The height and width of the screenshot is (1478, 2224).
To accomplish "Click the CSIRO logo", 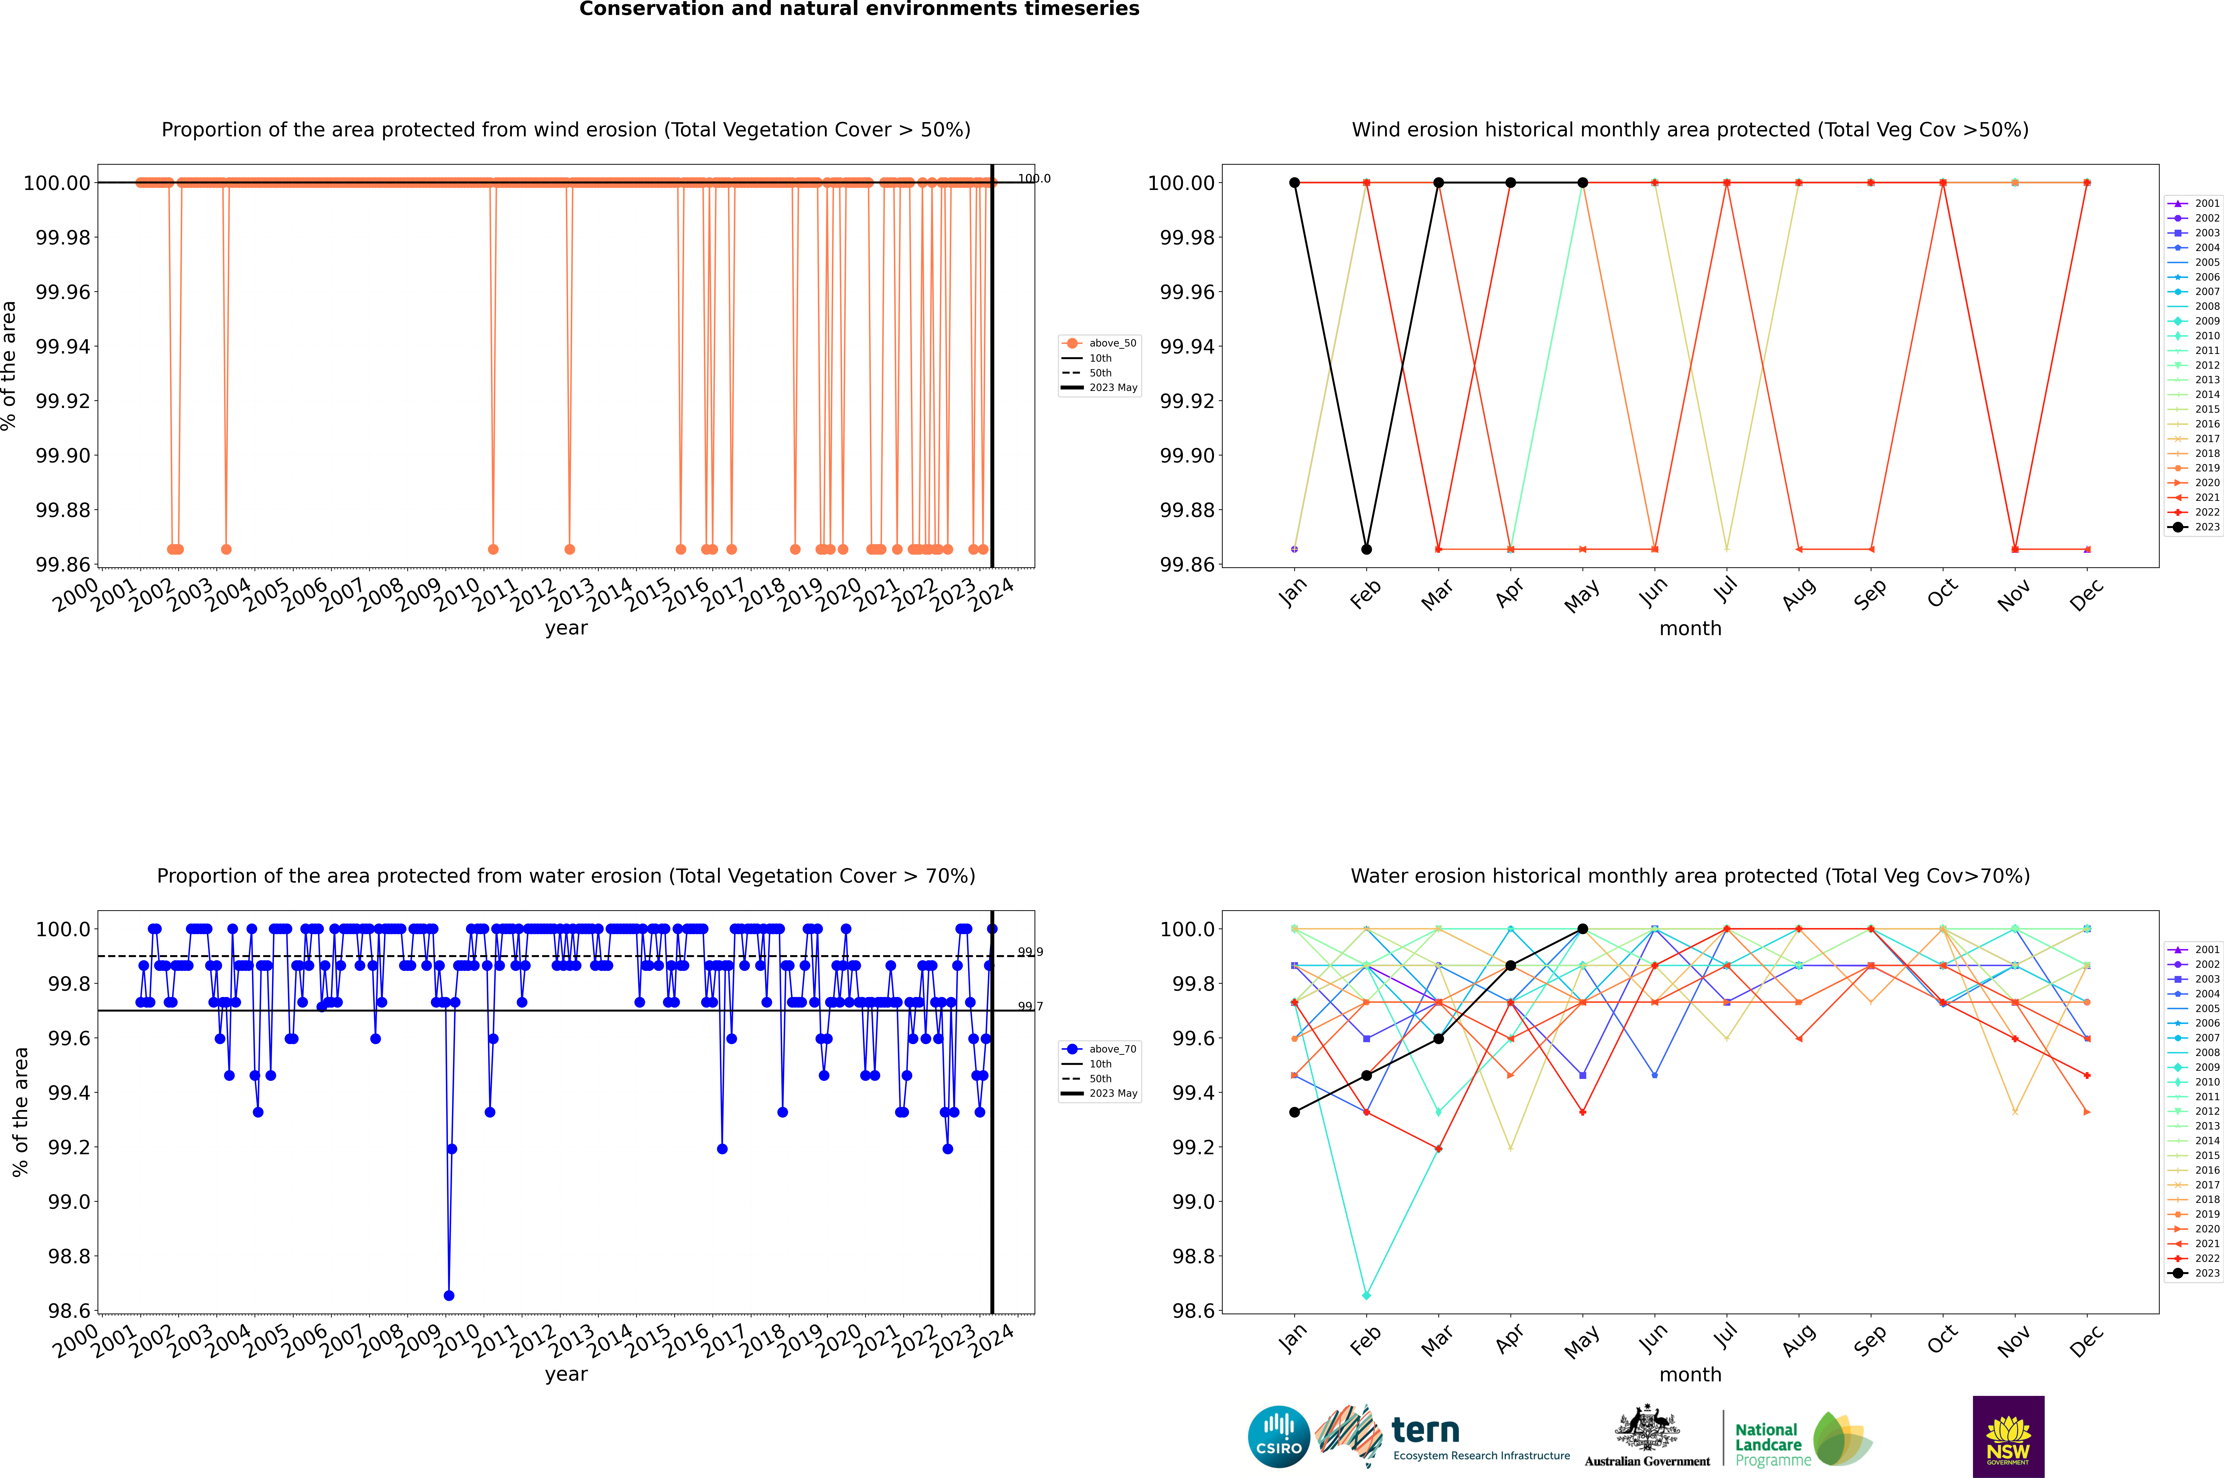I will click(x=1278, y=1437).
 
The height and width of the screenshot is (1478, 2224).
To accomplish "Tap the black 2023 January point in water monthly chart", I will click(x=1294, y=1112).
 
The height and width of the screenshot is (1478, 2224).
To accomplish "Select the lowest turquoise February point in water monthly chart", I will click(x=1366, y=1295).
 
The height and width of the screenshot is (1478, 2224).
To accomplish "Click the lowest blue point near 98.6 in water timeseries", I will click(x=449, y=1295).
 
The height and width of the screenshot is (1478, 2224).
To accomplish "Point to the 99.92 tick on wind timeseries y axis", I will click(x=62, y=400).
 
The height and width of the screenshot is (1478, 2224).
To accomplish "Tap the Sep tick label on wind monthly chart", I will click(x=1870, y=594).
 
